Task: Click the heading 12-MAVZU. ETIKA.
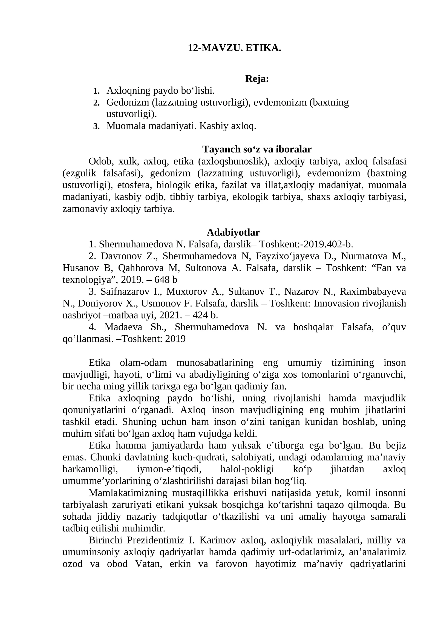(x=234, y=48)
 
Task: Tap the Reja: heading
(x=257, y=79)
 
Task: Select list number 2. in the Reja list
(x=96, y=103)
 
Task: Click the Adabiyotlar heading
(x=233, y=232)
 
